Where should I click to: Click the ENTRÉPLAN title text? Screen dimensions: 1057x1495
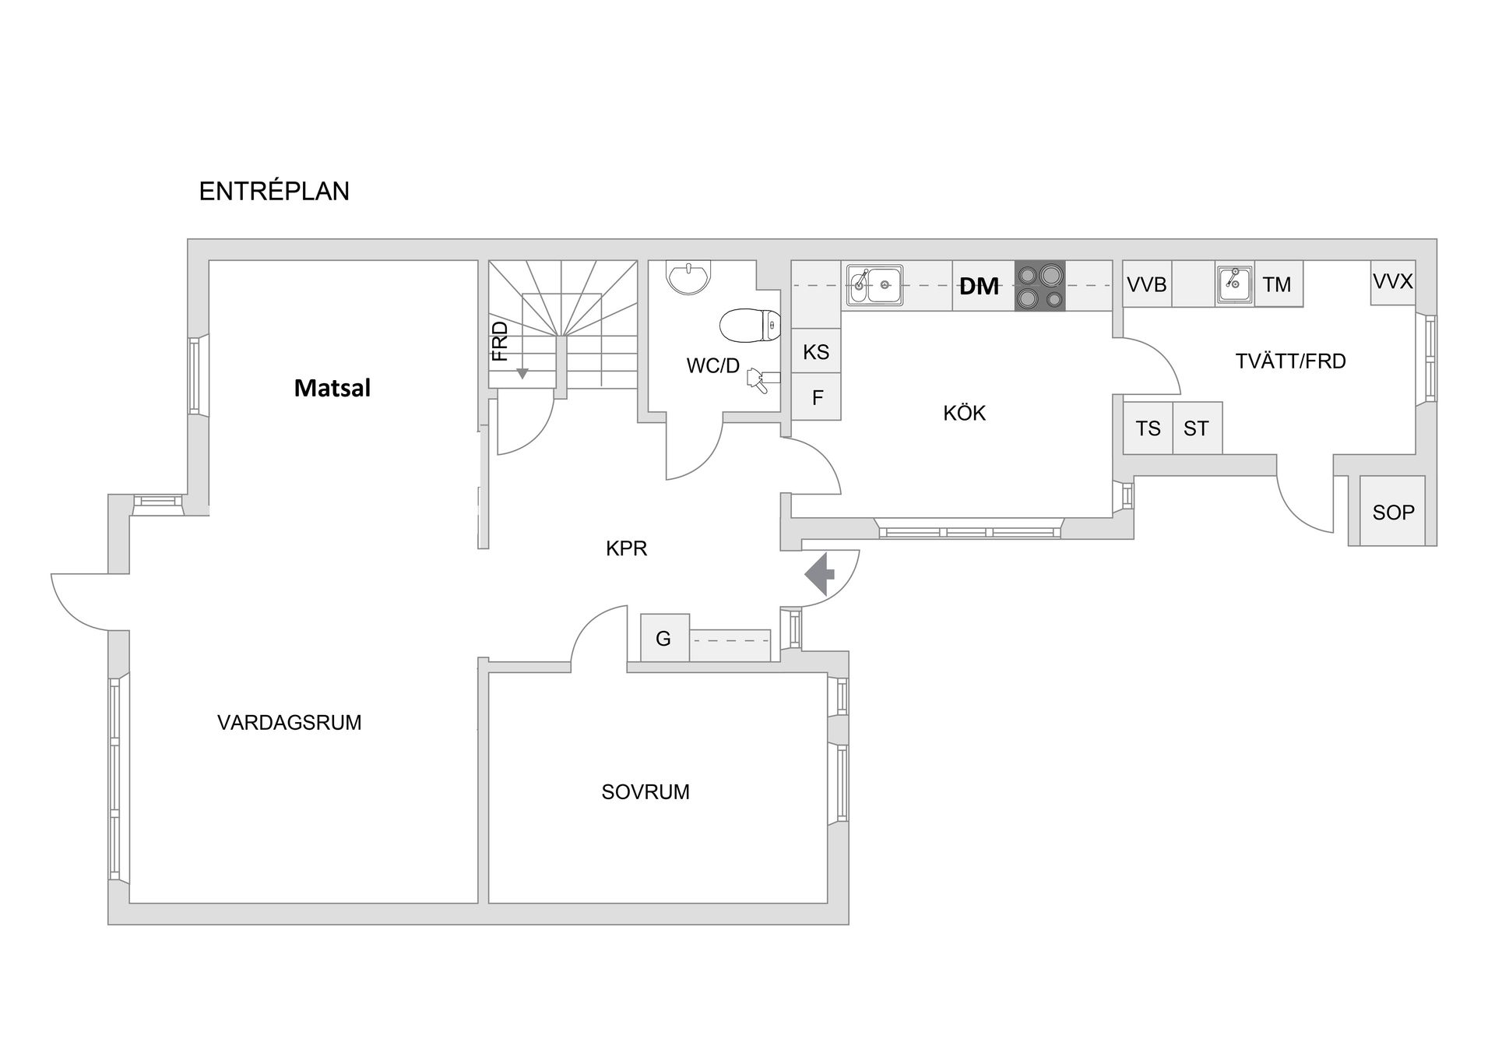click(x=274, y=192)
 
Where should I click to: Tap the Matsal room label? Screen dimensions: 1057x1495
click(x=332, y=388)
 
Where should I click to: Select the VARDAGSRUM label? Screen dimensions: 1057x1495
click(x=289, y=723)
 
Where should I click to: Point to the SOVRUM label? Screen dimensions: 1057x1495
click(x=645, y=792)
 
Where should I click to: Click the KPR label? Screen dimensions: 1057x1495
click(x=626, y=549)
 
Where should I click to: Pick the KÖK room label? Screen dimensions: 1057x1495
click(x=964, y=413)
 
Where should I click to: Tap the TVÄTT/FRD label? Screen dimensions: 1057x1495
click(x=1290, y=361)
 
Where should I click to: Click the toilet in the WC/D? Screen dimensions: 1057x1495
click(x=750, y=325)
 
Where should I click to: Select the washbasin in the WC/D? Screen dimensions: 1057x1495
click(x=688, y=277)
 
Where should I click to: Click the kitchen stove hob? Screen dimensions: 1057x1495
click(x=1039, y=286)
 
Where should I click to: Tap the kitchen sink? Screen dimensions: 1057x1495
click(x=875, y=285)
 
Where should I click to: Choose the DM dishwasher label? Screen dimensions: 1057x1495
click(x=979, y=287)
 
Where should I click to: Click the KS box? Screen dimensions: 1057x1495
click(x=816, y=352)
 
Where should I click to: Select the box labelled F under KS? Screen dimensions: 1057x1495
click(x=817, y=398)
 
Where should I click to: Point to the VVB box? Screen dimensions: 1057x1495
click(x=1147, y=284)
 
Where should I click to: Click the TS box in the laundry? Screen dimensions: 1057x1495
click(x=1148, y=428)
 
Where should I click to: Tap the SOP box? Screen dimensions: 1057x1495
click(x=1393, y=512)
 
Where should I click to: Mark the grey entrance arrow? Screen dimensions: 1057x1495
click(x=819, y=574)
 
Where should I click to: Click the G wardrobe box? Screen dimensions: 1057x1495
click(x=664, y=639)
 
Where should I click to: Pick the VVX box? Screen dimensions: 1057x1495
click(x=1392, y=282)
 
